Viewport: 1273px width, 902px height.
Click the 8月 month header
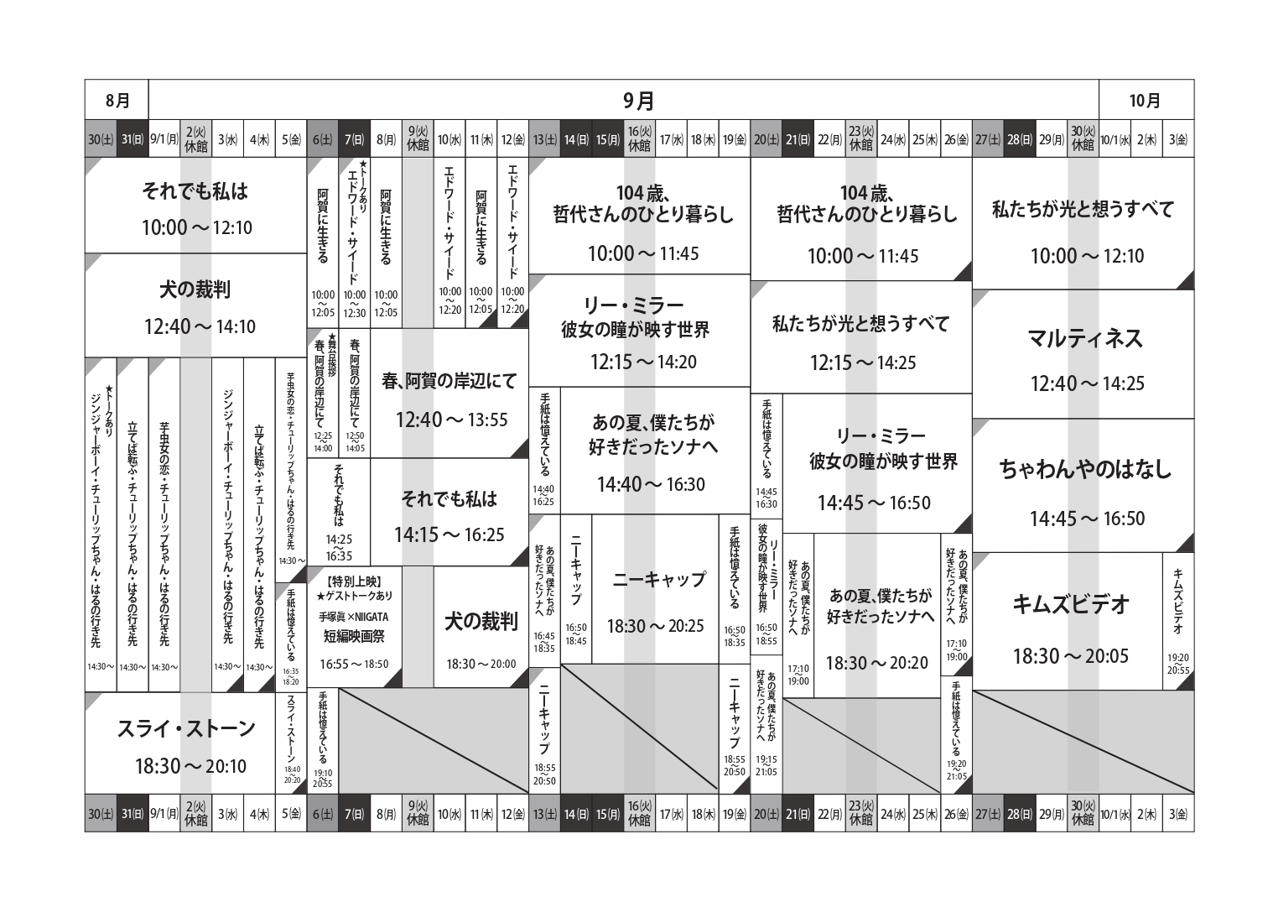coord(117,101)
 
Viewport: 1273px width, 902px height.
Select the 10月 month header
coord(1145,101)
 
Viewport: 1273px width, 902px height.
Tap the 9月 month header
coord(639,101)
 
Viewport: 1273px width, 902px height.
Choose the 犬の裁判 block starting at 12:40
coord(195,307)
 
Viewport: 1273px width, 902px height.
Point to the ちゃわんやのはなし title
coord(1085,469)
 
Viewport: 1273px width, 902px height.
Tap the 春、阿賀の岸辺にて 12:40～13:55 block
coord(450,398)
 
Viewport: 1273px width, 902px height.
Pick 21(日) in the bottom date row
coord(798,814)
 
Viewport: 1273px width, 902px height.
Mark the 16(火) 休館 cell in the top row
coord(639,140)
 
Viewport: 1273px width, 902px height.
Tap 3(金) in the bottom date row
coord(1178,814)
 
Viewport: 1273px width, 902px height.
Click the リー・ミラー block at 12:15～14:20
coord(639,332)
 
